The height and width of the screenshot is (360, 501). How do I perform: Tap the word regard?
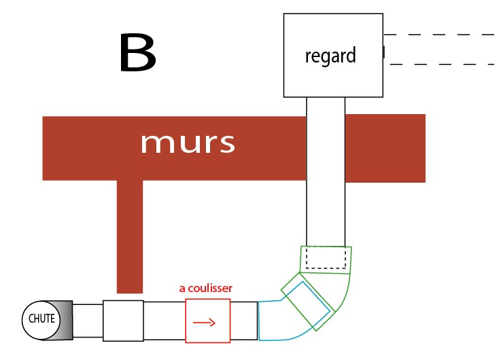(x=330, y=55)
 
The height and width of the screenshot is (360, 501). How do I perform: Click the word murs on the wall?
(x=188, y=143)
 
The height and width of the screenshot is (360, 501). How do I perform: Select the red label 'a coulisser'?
(x=205, y=288)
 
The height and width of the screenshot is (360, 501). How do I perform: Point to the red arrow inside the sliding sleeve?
(x=204, y=322)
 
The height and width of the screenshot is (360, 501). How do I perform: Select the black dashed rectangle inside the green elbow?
(x=326, y=258)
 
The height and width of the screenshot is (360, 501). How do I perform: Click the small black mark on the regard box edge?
(x=383, y=52)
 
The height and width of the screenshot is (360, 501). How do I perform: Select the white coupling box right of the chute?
(x=123, y=319)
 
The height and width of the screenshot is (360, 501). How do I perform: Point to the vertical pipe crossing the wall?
(x=326, y=170)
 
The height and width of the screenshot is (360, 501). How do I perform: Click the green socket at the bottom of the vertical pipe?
(x=326, y=259)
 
